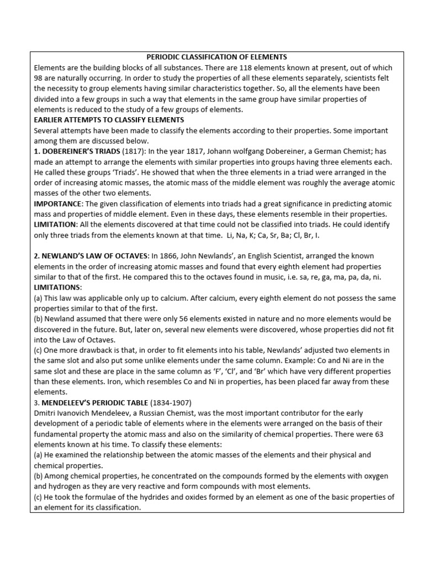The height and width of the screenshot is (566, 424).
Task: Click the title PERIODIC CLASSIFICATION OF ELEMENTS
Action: (x=216, y=57)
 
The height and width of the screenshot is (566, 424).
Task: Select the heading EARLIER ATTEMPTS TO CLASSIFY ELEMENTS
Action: (x=109, y=120)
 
